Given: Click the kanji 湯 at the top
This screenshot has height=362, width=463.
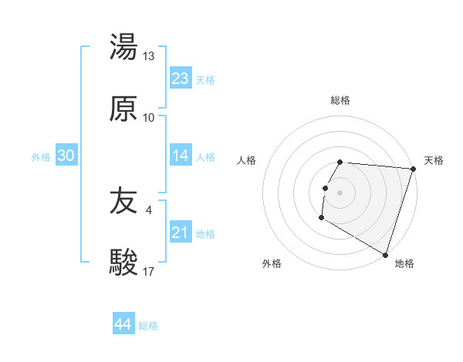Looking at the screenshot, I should coord(124,47).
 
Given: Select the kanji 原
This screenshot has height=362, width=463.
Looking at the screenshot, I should coord(124,109).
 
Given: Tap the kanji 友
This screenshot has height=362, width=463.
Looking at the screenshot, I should coord(124,201).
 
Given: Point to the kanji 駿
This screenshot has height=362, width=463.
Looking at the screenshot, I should coord(124,263).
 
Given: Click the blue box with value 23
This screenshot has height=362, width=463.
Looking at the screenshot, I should coord(180,79).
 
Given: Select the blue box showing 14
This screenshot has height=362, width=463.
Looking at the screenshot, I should coord(180,156).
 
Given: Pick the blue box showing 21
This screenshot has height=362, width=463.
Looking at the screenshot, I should coord(180,233).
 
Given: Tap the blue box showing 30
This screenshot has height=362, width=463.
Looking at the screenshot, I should coord(66,156).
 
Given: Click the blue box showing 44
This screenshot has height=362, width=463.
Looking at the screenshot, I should coord(123,324).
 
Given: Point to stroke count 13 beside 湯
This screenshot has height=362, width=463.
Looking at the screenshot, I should coord(149,55).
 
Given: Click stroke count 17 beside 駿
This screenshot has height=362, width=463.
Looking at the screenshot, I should coord(149,271).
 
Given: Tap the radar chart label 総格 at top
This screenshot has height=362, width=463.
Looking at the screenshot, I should coord(340,100).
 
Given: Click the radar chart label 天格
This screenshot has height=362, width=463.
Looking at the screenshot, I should coord(434,160).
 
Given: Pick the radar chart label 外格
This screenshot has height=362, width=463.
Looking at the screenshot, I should coord(272,263).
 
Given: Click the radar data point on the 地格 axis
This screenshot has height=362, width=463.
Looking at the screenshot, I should coord(385,253).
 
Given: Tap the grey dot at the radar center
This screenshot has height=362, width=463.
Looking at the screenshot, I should coord(340,192).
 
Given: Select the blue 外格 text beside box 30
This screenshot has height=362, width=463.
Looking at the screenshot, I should coord(41,156).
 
